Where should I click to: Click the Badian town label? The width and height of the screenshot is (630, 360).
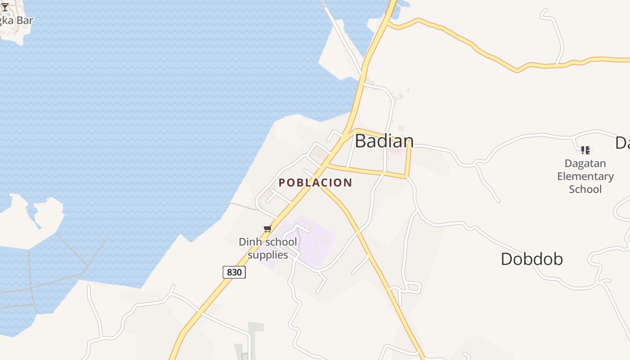tap(384, 141)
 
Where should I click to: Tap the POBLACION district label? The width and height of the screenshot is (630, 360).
tap(315, 183)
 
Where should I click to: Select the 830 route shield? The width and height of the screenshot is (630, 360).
tap(234, 272)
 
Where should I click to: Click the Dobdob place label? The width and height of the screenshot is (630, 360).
tap(531, 259)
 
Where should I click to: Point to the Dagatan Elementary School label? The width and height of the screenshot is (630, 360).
tap(585, 176)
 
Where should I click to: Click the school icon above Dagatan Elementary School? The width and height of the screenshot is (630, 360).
tap(585, 150)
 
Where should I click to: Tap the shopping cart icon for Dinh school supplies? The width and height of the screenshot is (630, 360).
tap(267, 229)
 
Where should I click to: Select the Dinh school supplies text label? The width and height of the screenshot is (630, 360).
tap(268, 248)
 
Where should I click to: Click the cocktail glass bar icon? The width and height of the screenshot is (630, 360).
tap(5, 7)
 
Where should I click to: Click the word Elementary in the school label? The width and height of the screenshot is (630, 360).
tap(585, 176)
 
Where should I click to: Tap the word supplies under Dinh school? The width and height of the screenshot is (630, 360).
tap(268, 255)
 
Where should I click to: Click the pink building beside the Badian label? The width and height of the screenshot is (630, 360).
tap(395, 152)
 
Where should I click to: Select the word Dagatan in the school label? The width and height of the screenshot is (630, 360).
tap(585, 163)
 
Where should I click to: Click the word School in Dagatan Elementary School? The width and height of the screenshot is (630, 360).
tap(585, 189)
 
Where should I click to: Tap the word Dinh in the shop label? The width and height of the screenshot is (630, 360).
tap(248, 242)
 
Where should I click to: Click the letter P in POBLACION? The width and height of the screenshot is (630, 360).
tap(282, 183)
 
